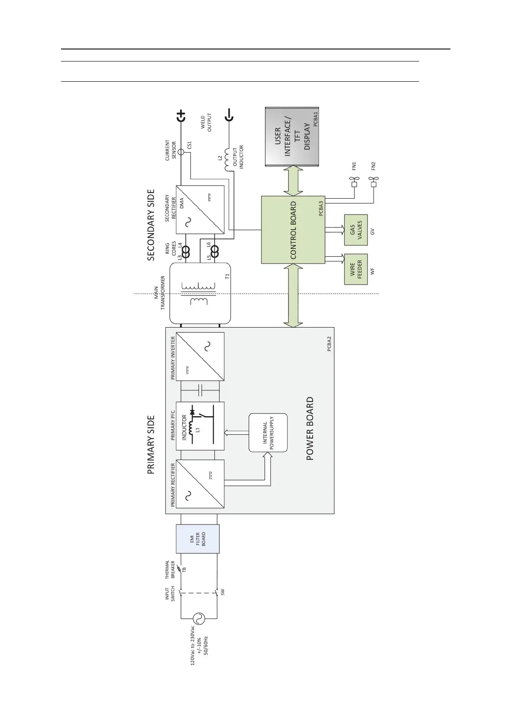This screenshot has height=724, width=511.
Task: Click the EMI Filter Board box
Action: [198, 538]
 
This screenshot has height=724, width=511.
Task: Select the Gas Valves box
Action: [356, 230]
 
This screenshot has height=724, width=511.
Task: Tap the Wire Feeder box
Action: [356, 269]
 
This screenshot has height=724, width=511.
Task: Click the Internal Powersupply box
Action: [268, 433]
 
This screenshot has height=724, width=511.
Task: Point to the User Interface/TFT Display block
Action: [292, 137]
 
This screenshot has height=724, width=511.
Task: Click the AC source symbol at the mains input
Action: [198, 618]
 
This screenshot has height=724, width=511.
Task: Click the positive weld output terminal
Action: [181, 116]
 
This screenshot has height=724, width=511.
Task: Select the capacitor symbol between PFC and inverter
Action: [201, 390]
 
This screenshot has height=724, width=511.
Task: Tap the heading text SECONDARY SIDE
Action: [151, 225]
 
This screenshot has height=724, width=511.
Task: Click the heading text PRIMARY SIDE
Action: [151, 445]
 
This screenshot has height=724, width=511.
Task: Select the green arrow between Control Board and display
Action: [293, 181]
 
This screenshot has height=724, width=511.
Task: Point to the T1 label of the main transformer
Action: [227, 276]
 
